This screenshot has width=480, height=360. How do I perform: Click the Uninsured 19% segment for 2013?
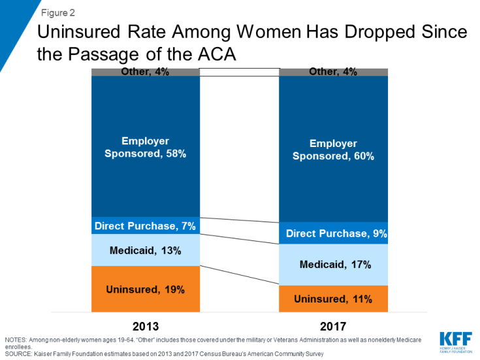(146, 289)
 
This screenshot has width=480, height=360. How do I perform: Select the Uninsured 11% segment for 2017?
(333, 299)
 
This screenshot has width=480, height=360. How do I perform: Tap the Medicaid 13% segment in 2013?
(146, 250)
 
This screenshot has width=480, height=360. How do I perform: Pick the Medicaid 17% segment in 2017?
(333, 265)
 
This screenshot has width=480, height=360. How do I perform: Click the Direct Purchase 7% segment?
(146, 226)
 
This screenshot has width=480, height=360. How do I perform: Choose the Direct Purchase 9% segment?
(333, 233)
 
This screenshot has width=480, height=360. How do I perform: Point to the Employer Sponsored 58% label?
(146, 148)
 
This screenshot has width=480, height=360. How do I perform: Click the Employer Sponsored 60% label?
(333, 149)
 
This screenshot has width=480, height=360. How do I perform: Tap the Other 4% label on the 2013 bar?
(146, 72)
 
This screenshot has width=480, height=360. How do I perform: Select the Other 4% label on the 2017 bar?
(333, 72)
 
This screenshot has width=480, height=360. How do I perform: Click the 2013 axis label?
(146, 325)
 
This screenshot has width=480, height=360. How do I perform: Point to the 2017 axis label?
(333, 325)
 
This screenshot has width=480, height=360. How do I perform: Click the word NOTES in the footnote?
(16, 340)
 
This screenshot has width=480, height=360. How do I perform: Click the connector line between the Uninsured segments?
(239, 276)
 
